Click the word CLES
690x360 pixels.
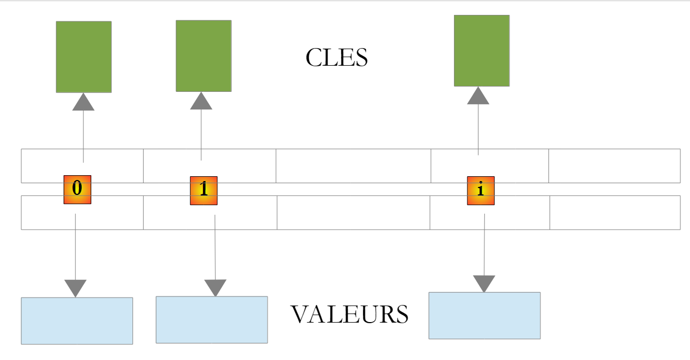[336, 58]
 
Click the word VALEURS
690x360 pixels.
[349, 314]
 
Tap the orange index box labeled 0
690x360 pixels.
[77, 189]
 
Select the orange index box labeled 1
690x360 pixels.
[203, 190]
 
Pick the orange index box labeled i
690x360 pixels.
[481, 190]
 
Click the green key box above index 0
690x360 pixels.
[84, 57]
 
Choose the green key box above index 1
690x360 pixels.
[203, 56]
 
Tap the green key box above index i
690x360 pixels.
[481, 50]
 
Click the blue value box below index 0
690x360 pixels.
[77, 320]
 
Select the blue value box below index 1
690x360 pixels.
[211, 319]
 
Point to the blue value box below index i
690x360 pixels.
[484, 315]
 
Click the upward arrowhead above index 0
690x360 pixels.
[83, 103]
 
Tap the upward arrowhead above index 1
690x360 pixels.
[201, 101]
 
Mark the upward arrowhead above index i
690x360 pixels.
[478, 96]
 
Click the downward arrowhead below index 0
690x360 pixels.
[75, 287]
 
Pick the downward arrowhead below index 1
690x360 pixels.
[215, 287]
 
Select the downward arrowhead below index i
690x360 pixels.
[484, 283]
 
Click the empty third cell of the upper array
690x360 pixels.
[353, 166]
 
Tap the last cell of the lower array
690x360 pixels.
[615, 213]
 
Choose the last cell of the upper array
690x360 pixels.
[614, 166]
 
